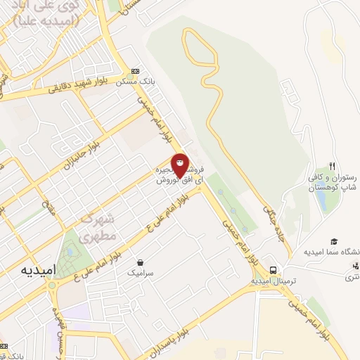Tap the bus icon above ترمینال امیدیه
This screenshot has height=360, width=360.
coord(273,270)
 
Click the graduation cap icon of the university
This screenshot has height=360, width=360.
coord(334,240)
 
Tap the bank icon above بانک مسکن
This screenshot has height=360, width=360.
coord(135,72)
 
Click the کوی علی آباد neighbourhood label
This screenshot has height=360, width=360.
coord(49,14)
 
